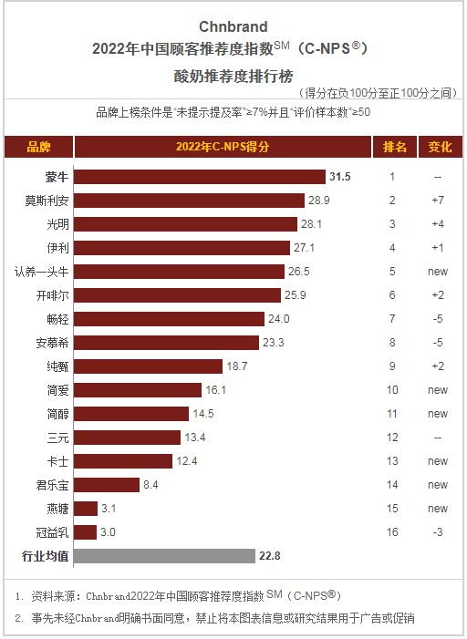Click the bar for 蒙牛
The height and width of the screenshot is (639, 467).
coord(200,177)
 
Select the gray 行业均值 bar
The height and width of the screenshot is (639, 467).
coord(164,555)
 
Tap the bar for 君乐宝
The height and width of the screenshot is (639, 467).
coord(107,484)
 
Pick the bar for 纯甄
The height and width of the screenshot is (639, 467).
coord(148,366)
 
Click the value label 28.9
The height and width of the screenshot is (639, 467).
coord(318,200)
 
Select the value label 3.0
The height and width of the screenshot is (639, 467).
coord(107,531)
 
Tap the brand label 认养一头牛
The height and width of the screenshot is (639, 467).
coord(41,271)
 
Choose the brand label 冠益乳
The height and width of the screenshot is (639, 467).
coord(51,531)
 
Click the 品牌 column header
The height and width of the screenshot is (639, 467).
coord(38,147)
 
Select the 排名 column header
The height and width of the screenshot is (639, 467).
coord(394,147)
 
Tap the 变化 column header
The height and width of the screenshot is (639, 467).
coord(439,147)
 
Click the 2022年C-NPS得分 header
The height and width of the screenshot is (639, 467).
coord(223,147)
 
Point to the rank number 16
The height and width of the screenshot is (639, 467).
coord(392,531)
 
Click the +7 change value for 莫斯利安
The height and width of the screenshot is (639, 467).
coord(438,200)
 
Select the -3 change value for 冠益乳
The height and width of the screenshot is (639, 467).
coord(438,531)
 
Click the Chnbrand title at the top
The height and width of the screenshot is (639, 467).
coord(233,26)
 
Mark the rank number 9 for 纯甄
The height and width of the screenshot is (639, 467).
coord(392,366)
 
